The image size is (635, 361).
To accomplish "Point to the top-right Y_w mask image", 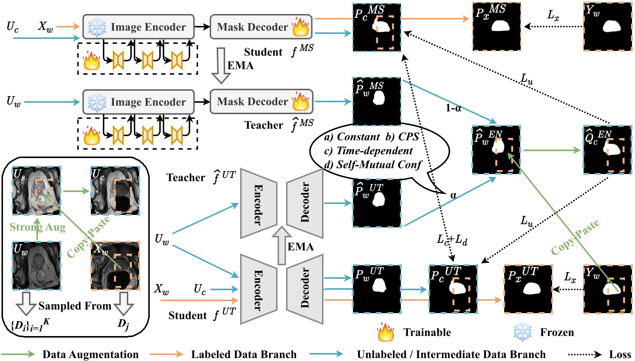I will click(608, 25).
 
